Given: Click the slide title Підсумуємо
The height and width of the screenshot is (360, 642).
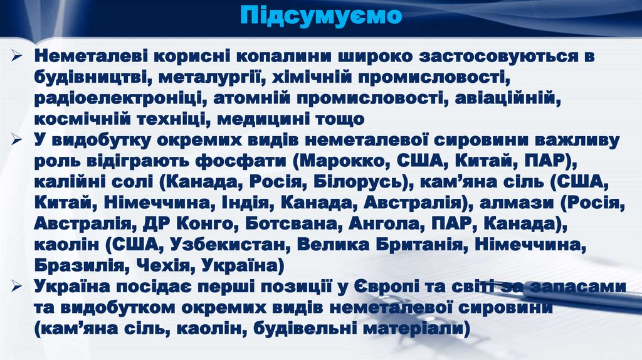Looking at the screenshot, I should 320,15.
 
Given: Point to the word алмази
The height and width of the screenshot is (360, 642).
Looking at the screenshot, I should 515,204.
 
